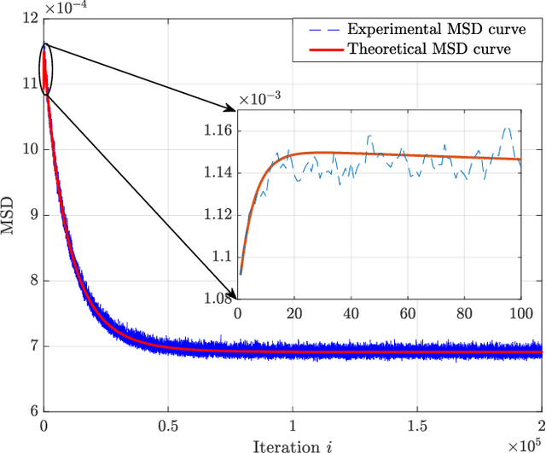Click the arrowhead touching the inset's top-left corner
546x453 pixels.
pos(232,109)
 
